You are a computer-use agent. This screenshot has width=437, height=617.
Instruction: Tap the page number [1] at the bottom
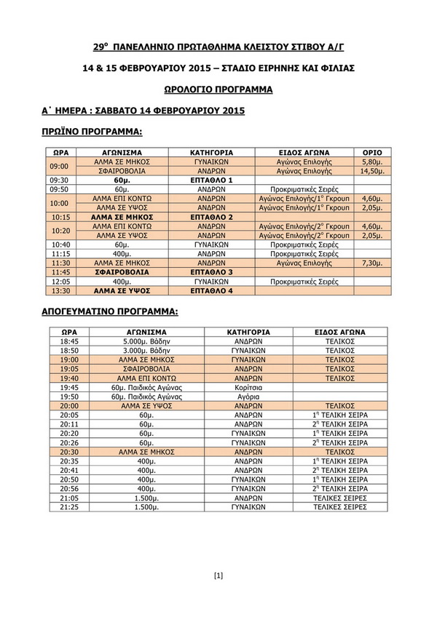(x=218, y=576)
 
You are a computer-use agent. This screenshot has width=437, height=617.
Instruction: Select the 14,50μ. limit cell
(x=371, y=170)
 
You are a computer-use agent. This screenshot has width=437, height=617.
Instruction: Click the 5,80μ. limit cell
(x=371, y=162)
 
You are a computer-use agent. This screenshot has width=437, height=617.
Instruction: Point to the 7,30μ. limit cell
(x=371, y=263)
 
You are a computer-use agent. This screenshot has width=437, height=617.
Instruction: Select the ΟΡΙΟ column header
(x=371, y=152)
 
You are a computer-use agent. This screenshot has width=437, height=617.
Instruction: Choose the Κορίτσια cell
(x=250, y=387)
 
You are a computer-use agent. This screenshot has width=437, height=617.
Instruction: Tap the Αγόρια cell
(x=250, y=397)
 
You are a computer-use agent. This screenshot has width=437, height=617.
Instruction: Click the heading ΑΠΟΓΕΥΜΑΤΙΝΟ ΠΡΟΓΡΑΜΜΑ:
(x=110, y=311)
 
